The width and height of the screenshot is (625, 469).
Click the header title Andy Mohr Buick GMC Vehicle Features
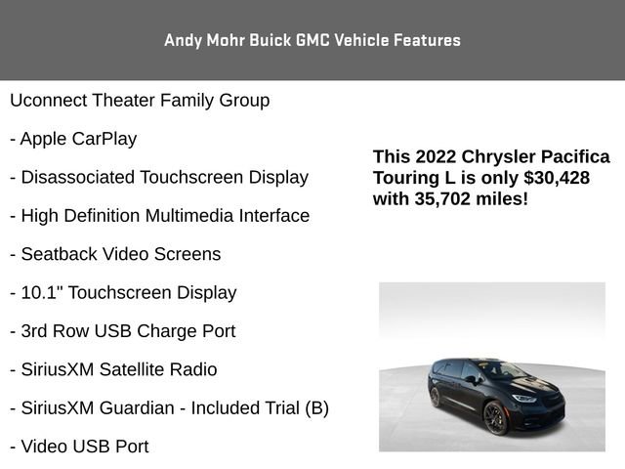point(312,40)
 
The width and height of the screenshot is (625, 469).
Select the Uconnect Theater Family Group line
point(140,101)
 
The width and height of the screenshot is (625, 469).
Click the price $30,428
point(557,178)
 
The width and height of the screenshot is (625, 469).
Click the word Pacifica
point(573,157)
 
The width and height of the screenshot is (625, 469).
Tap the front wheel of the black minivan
point(494,417)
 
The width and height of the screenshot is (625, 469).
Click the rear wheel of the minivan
point(435,397)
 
